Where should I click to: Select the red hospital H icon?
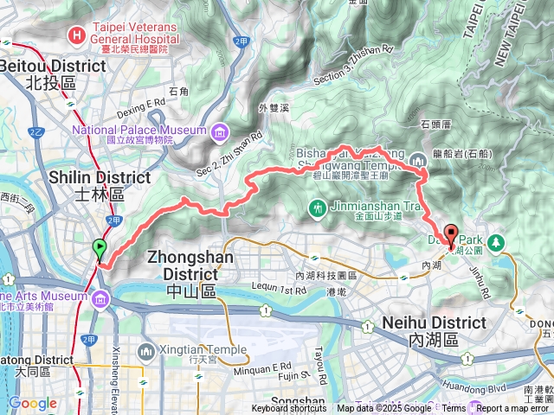(x=77, y=35)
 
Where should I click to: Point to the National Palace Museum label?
(x=139, y=131)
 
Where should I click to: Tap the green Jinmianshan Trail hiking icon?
(x=319, y=207)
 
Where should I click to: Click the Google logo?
(x=32, y=403)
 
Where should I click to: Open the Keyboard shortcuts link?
(x=289, y=408)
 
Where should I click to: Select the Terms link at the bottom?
(x=453, y=408)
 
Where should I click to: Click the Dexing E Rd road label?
(x=142, y=102)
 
